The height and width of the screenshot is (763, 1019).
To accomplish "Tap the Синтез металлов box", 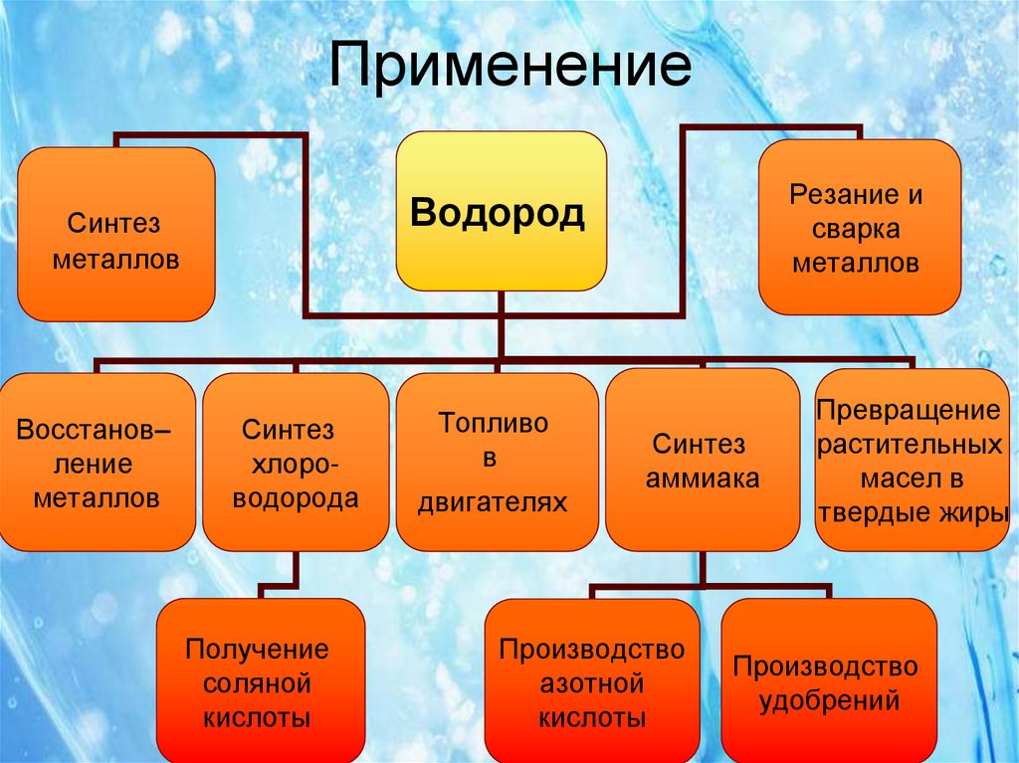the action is (x=116, y=234).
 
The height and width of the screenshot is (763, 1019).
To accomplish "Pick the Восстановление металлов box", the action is (x=96, y=462).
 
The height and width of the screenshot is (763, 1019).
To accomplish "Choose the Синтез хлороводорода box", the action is (x=296, y=462).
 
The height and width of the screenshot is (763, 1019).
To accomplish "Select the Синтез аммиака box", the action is (x=703, y=459).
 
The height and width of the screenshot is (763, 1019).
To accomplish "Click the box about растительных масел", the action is (x=911, y=459).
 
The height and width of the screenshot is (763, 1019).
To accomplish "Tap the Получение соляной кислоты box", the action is (x=260, y=680).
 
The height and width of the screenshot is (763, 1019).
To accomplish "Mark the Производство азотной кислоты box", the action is (x=592, y=680).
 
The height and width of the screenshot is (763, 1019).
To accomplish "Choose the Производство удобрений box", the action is (x=829, y=680).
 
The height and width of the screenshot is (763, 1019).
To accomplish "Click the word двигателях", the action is (x=492, y=502).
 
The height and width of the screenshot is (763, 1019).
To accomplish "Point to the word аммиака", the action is (x=703, y=478).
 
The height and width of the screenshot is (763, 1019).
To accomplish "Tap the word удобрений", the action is (x=829, y=701).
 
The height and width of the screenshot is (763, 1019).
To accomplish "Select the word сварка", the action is (x=857, y=230).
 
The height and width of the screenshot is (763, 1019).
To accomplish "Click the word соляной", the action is (x=257, y=684).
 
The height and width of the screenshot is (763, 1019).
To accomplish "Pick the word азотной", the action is (x=592, y=684).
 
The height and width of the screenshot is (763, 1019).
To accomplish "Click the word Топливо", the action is (x=494, y=422).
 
